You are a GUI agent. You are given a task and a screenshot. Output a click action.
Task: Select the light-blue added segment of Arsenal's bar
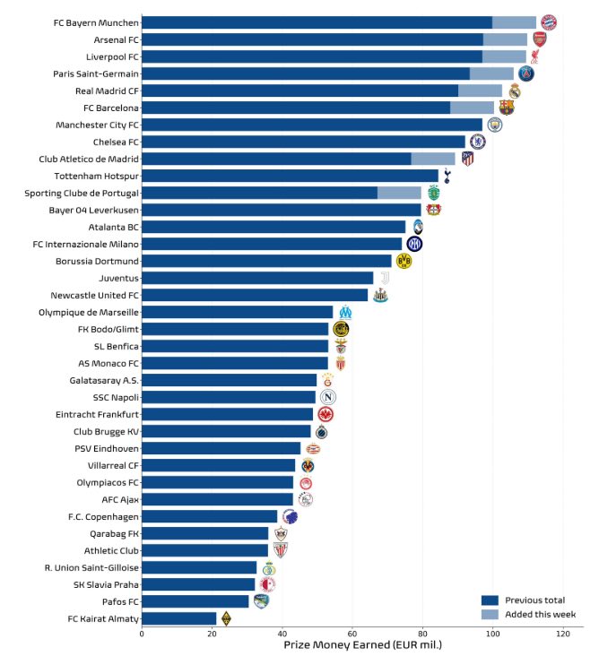click(x=505, y=39)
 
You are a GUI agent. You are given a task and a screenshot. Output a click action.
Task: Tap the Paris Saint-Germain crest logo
click(x=526, y=73)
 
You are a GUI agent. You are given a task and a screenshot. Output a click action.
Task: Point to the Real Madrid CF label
click(x=106, y=91)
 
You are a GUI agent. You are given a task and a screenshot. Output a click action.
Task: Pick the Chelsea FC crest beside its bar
click(x=478, y=142)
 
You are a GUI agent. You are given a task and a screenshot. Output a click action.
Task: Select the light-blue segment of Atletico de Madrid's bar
click(x=433, y=159)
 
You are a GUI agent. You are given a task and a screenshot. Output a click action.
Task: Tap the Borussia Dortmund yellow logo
click(x=404, y=261)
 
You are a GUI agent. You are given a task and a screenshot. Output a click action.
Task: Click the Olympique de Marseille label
click(x=89, y=312)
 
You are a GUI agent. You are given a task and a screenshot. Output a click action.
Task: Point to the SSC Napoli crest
click(x=328, y=397)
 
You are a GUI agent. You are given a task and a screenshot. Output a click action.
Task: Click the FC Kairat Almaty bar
click(x=178, y=617)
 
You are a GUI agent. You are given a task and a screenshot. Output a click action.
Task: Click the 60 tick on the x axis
click(x=352, y=634)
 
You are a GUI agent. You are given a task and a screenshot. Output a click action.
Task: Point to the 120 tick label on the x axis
click(x=562, y=634)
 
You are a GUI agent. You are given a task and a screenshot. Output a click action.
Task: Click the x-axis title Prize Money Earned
click(x=362, y=645)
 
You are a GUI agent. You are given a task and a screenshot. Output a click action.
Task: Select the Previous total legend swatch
click(x=490, y=600)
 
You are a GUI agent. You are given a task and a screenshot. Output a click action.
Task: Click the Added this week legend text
click(x=540, y=615)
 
